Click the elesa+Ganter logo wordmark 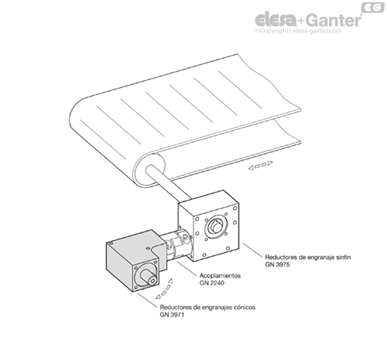click(308, 19)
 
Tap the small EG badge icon click(373, 8)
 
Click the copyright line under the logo click(298, 31)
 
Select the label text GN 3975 click(278, 265)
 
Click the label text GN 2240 click(212, 283)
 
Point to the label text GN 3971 click(172, 315)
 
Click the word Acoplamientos click(220, 276)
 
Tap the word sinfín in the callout click(343, 257)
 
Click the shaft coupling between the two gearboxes click(178, 243)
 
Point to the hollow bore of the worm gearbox click(216, 227)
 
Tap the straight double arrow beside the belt click(260, 165)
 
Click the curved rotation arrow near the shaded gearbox click(165, 290)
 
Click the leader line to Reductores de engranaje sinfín click(253, 250)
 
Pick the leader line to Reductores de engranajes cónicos click(148, 300)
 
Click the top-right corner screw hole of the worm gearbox click(235, 209)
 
